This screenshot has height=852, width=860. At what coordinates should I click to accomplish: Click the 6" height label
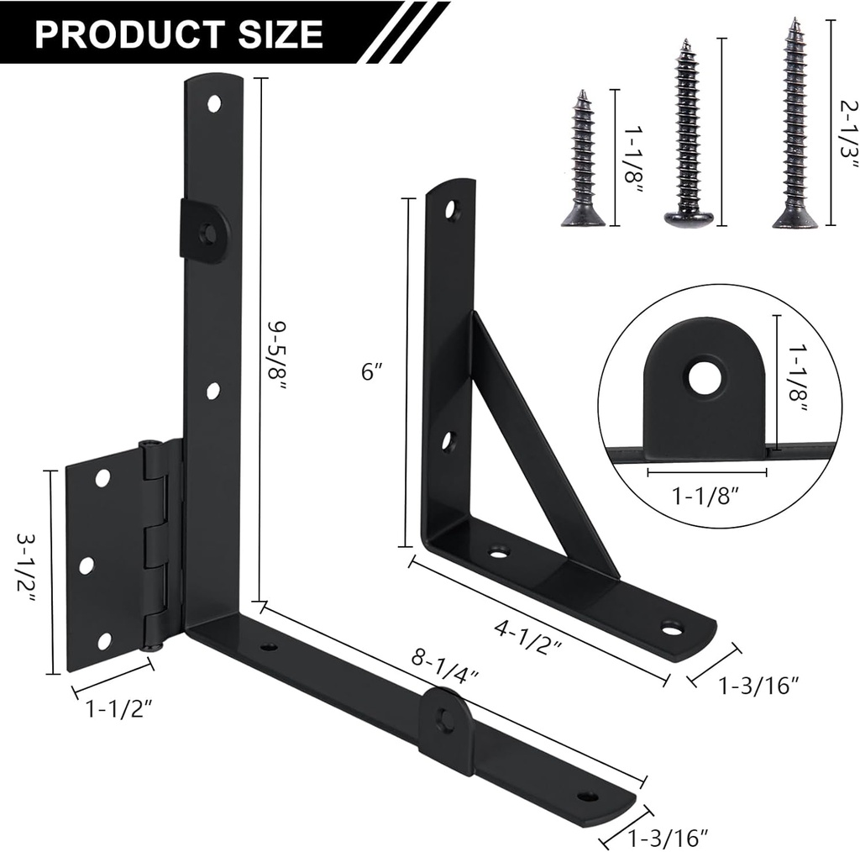coord(371,371)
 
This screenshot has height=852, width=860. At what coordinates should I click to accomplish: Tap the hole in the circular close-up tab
coord(705,376)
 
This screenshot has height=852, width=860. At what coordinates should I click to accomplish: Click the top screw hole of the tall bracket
coord(214,103)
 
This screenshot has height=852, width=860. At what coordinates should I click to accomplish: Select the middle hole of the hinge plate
coord(87,565)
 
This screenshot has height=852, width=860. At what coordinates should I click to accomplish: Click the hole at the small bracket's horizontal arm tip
coord(671,627)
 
